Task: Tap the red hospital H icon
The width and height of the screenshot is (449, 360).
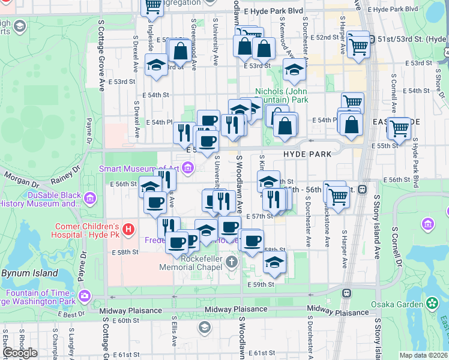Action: point(127,229)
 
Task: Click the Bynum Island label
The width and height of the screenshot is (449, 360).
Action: point(29,274)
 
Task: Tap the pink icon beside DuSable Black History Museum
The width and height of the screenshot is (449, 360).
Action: point(90,197)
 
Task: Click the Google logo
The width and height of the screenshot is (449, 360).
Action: point(20,353)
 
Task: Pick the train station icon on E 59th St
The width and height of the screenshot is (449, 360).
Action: point(346,293)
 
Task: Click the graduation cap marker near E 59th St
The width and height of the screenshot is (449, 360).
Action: point(274,262)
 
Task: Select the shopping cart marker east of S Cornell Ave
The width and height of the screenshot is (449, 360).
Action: point(399,128)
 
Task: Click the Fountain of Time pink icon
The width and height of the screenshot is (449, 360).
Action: point(85,295)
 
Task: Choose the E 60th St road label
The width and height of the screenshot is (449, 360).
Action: point(124,321)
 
